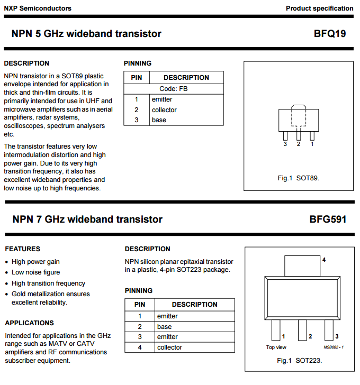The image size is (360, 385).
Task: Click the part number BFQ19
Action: (329, 34)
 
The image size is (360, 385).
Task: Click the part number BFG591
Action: (328, 219)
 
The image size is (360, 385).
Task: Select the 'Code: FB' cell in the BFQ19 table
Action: (174, 89)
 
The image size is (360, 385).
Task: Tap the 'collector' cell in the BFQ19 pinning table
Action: (164, 110)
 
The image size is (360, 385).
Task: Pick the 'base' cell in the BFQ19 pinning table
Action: (159, 120)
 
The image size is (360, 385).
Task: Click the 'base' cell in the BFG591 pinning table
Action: (164, 327)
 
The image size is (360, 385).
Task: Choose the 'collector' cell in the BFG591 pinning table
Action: (169, 347)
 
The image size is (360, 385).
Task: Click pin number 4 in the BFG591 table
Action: (140, 347)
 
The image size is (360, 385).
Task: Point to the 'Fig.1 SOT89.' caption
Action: (298, 178)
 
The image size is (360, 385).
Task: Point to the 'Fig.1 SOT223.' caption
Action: (299, 361)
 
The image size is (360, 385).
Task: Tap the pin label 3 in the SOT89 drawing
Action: (285, 144)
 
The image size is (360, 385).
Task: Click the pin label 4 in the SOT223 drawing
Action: (324, 260)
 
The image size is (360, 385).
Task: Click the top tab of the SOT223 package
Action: (302, 266)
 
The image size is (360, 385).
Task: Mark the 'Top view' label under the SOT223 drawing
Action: (276, 347)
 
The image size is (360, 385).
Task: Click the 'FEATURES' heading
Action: (22, 249)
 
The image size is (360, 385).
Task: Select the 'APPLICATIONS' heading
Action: (29, 323)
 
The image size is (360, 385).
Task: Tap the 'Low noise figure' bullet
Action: (35, 272)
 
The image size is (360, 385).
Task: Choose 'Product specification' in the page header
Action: (319, 8)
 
